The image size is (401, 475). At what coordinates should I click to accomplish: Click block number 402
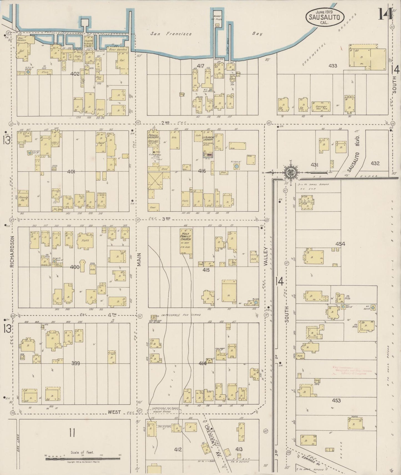pos(75,74)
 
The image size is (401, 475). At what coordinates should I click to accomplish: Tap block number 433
pos(332,66)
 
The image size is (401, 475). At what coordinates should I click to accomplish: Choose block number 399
pos(75,363)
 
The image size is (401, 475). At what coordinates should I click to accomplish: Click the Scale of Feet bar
pos(83,459)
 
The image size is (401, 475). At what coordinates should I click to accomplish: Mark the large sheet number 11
pos(72,433)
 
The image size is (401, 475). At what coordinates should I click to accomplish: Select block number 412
pos(178,449)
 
